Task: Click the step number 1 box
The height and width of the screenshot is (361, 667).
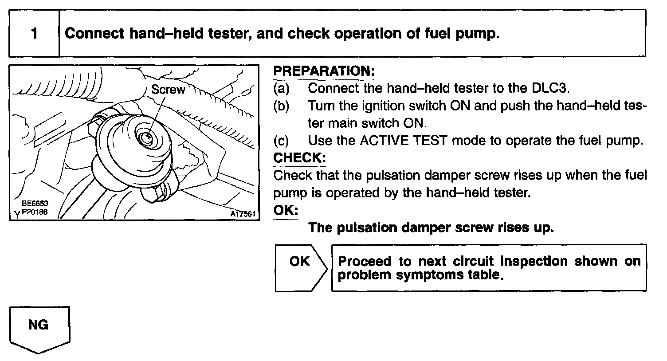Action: (x=34, y=34)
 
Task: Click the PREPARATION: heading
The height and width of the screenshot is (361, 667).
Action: (x=324, y=71)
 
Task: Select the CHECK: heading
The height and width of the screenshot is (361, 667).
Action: (x=299, y=157)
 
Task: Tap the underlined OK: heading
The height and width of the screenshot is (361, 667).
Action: (x=285, y=210)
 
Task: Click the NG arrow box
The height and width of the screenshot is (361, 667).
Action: (x=39, y=327)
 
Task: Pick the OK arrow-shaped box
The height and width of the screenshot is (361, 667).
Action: (x=300, y=267)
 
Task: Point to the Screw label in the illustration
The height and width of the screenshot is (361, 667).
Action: (x=168, y=90)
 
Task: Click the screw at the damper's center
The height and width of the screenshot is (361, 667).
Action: (x=147, y=138)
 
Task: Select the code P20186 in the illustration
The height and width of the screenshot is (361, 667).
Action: (x=35, y=212)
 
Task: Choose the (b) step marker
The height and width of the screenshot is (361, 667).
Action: (x=281, y=106)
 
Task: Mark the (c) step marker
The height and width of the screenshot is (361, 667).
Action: (x=281, y=141)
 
